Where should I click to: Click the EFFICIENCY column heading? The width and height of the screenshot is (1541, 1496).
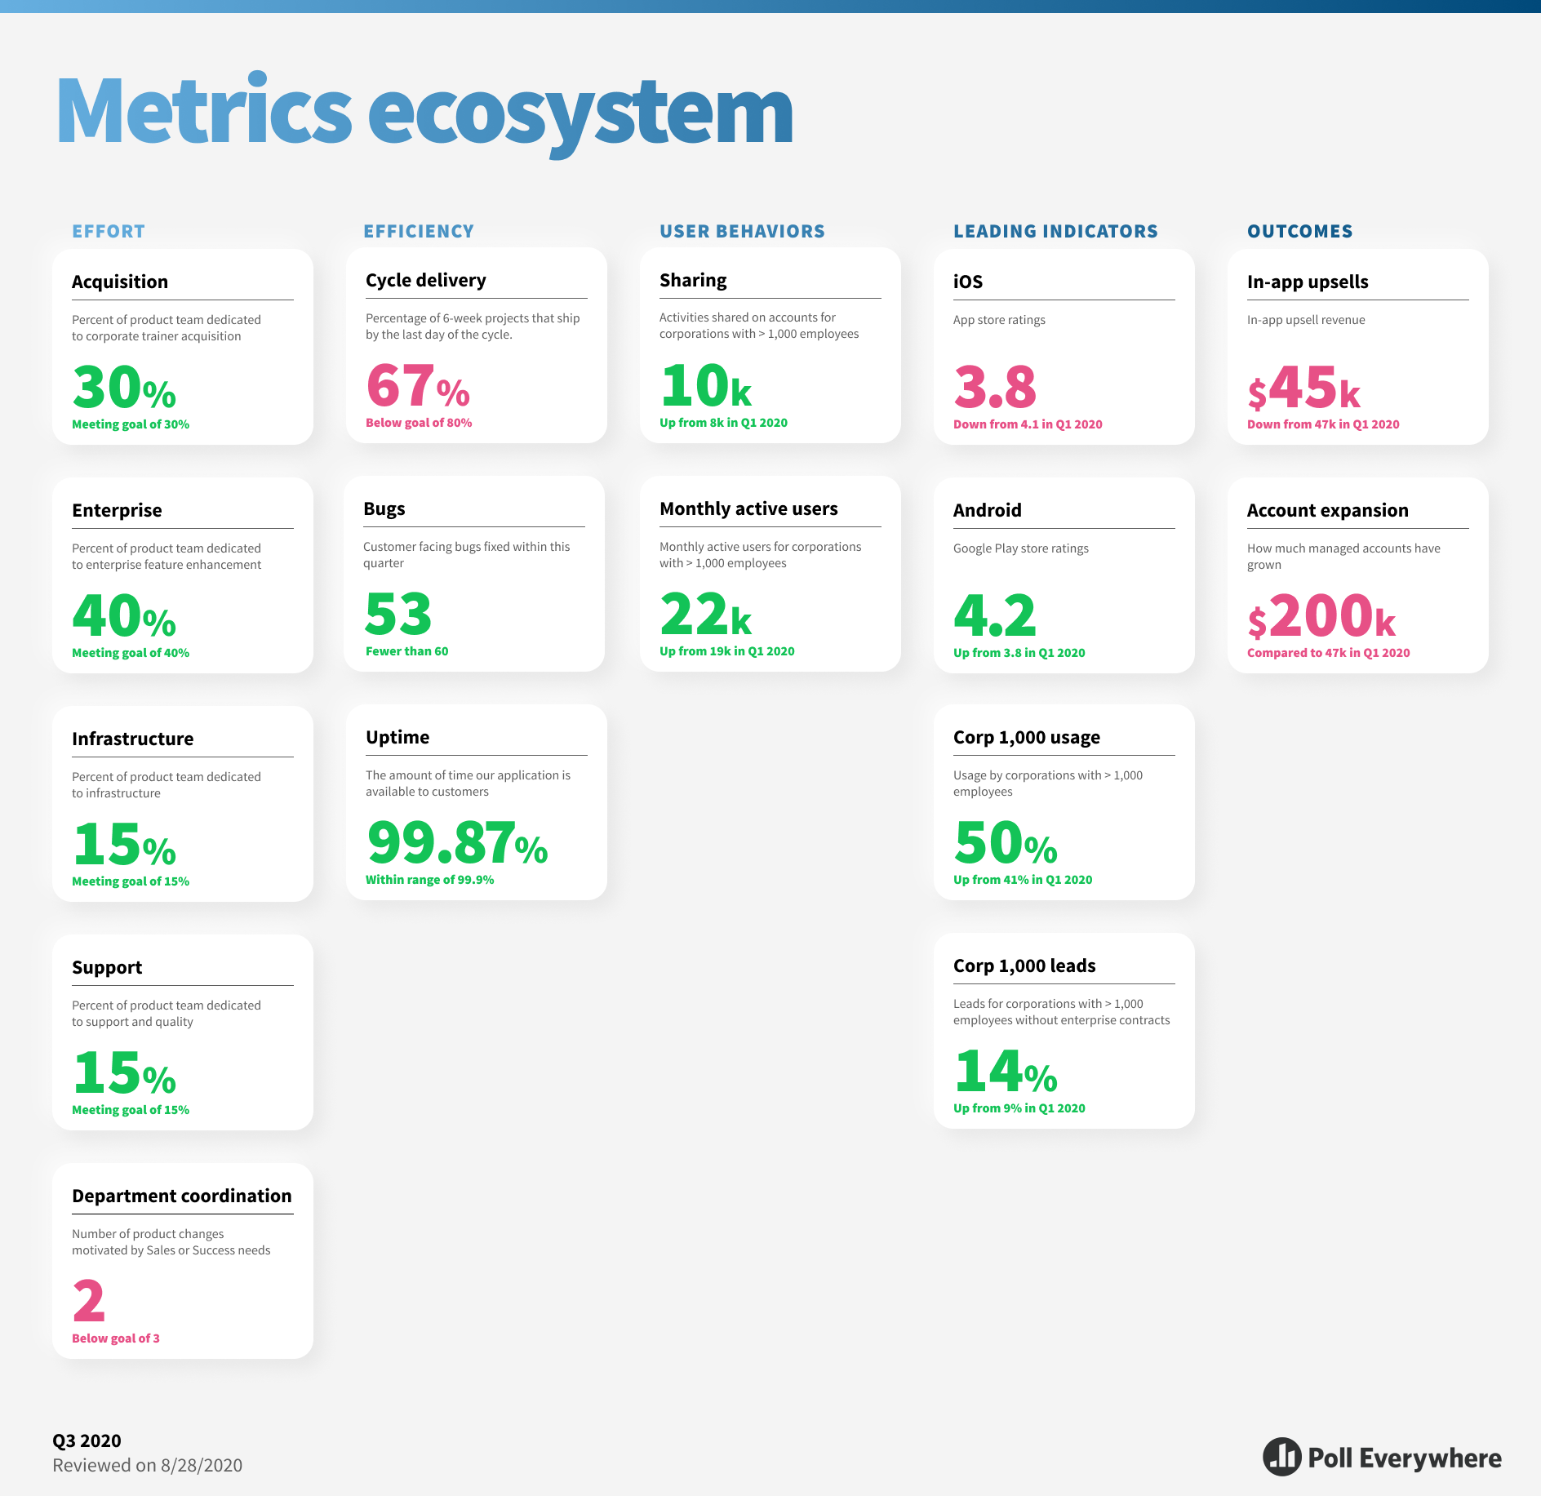point(419,231)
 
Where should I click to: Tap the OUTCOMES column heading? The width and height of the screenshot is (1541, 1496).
point(1299,231)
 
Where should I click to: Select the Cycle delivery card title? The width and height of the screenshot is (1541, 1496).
point(425,280)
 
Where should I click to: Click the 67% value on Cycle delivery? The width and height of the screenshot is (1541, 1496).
point(417,386)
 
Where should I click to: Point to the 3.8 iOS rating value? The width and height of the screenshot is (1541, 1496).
point(994,387)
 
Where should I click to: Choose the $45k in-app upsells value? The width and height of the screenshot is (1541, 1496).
point(1303,388)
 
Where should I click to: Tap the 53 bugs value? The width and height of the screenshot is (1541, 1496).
point(397,614)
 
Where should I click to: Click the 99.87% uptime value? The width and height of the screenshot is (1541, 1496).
point(456,842)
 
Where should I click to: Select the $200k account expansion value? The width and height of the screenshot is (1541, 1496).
point(1321,615)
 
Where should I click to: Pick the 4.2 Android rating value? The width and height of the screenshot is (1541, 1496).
point(994,615)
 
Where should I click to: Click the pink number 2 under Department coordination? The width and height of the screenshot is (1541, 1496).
point(89,1301)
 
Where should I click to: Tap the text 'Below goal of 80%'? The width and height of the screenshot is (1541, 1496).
point(419,423)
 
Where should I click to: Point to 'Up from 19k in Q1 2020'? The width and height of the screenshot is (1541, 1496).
point(726,651)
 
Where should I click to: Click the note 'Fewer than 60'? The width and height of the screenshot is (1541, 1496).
point(406,651)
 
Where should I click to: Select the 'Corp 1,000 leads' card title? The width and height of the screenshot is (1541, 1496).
point(1024,966)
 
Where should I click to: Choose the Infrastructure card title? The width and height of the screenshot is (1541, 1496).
point(132,739)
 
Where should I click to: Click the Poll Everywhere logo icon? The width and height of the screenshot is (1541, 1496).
point(1281,1457)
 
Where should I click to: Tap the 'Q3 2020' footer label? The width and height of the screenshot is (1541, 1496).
point(87,1441)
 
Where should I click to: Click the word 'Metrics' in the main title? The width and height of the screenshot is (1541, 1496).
point(203,112)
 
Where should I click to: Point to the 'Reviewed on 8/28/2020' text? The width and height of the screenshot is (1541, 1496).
point(147,1465)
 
